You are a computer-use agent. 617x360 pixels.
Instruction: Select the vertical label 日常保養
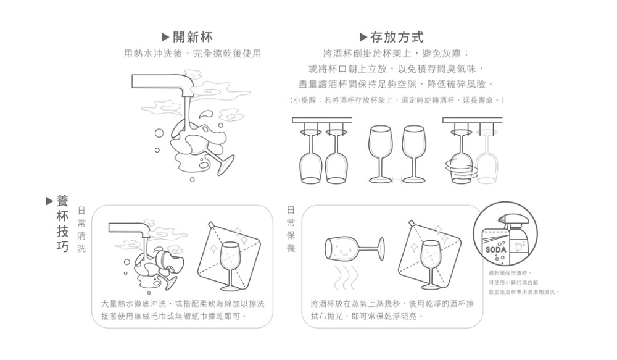tap(291, 229)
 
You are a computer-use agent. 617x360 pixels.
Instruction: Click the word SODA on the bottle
tap(495, 249)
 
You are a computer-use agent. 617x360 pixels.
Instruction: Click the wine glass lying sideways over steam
tap(354, 248)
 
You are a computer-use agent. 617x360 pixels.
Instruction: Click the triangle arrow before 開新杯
tap(165, 38)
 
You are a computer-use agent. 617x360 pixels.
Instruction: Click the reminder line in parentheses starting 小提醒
tap(397, 99)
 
